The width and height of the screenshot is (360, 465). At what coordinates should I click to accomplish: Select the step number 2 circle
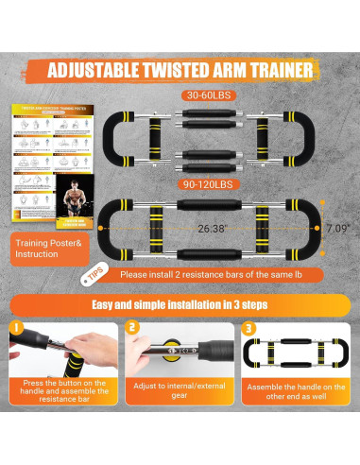point(133,331)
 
